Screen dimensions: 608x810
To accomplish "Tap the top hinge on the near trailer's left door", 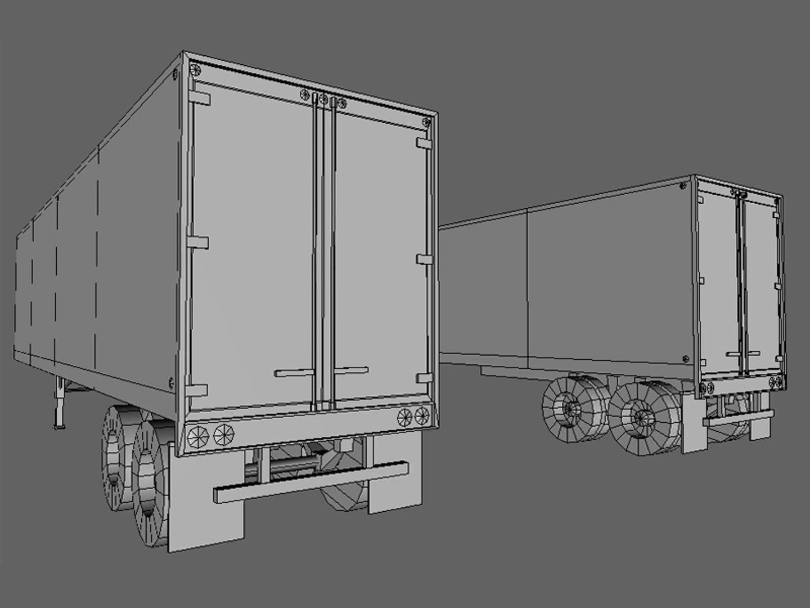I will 201,99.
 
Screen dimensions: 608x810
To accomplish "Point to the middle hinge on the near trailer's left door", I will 198,243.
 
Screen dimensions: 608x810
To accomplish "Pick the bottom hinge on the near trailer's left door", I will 198,390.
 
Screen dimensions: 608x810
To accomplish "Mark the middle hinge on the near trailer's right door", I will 424,259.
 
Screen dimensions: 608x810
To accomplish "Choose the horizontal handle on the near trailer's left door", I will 294,373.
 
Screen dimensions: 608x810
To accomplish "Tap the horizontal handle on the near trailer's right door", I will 351,370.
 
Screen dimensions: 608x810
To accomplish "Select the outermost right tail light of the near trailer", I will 421,416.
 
